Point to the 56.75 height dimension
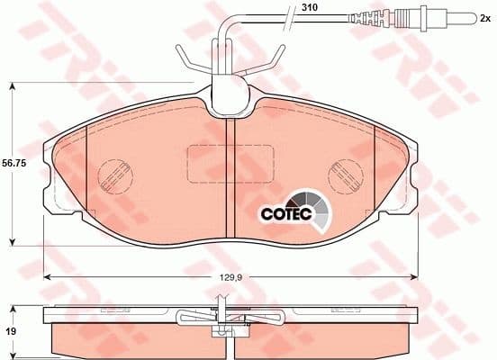click(13, 165)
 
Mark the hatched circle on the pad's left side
click(113, 173)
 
